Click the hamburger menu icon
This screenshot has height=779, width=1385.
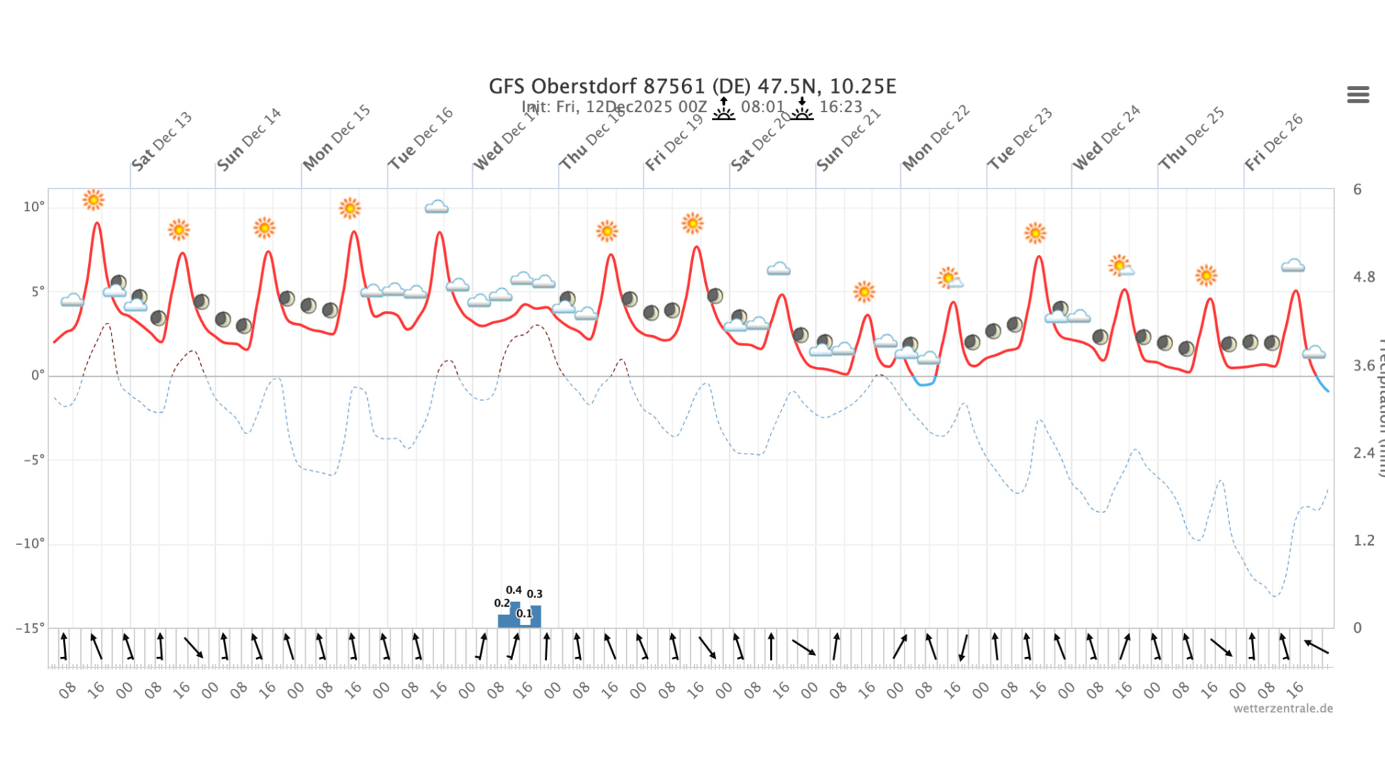(x=1357, y=94)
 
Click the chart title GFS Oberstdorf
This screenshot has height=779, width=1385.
(x=692, y=87)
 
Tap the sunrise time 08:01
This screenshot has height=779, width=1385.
(x=762, y=107)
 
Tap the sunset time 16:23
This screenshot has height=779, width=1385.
(x=841, y=107)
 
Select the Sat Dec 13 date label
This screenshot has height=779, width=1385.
(x=161, y=141)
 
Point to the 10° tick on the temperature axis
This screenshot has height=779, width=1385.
(x=33, y=207)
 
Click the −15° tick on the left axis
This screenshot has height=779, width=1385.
(x=30, y=628)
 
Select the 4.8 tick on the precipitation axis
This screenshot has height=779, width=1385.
(x=1364, y=278)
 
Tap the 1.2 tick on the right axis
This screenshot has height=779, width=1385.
(x=1364, y=541)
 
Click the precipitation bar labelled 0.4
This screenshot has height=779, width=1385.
(x=515, y=614)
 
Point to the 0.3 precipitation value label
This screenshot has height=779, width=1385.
(x=535, y=594)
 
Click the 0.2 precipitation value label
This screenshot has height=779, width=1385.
(x=501, y=603)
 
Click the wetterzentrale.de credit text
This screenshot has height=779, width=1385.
(x=1283, y=708)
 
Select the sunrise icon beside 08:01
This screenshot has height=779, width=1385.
(x=724, y=109)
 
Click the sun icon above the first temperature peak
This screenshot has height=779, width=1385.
(x=93, y=200)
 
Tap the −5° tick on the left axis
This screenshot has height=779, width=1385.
(x=33, y=460)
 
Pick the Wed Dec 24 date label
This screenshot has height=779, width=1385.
(x=1106, y=138)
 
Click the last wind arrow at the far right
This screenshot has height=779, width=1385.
(x=1316, y=647)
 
